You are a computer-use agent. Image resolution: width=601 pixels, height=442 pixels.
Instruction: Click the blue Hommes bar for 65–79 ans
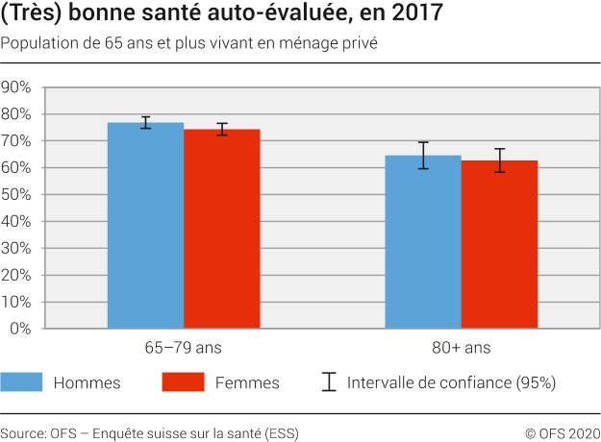coord(145,226)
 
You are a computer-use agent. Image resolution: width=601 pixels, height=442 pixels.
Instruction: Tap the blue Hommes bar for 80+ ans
coord(423,242)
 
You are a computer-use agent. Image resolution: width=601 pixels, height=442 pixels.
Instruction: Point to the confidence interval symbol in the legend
coord(329,382)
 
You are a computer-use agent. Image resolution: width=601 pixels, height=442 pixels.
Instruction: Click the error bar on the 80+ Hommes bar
coord(423,156)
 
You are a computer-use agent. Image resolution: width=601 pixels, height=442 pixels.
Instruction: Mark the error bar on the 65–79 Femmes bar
coord(222,129)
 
